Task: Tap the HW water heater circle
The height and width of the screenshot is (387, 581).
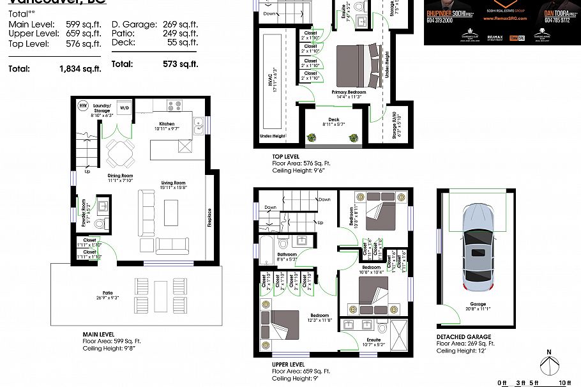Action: pos(83,105)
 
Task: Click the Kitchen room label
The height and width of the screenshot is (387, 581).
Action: pos(167,124)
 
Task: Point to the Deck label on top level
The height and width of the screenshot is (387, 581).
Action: pos(333,119)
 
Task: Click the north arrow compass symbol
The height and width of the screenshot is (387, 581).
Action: pos(550,365)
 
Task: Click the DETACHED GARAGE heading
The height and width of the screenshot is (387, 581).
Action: pos(464,337)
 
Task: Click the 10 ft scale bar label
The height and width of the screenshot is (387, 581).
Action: pos(563,383)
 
